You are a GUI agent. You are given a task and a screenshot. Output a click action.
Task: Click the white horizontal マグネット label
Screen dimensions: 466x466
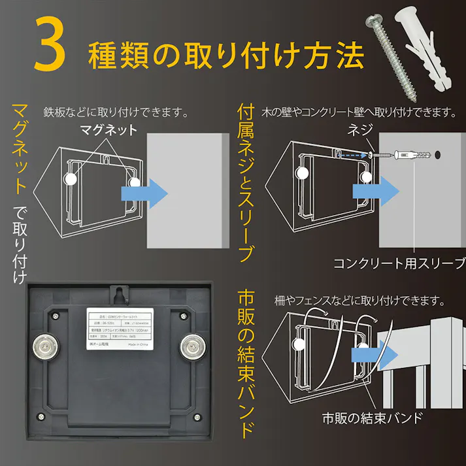coord(108,129)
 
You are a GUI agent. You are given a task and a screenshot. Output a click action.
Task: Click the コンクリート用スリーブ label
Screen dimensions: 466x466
coord(395,263)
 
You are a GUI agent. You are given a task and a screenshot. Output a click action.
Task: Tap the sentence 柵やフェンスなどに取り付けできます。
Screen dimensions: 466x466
coord(359,302)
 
